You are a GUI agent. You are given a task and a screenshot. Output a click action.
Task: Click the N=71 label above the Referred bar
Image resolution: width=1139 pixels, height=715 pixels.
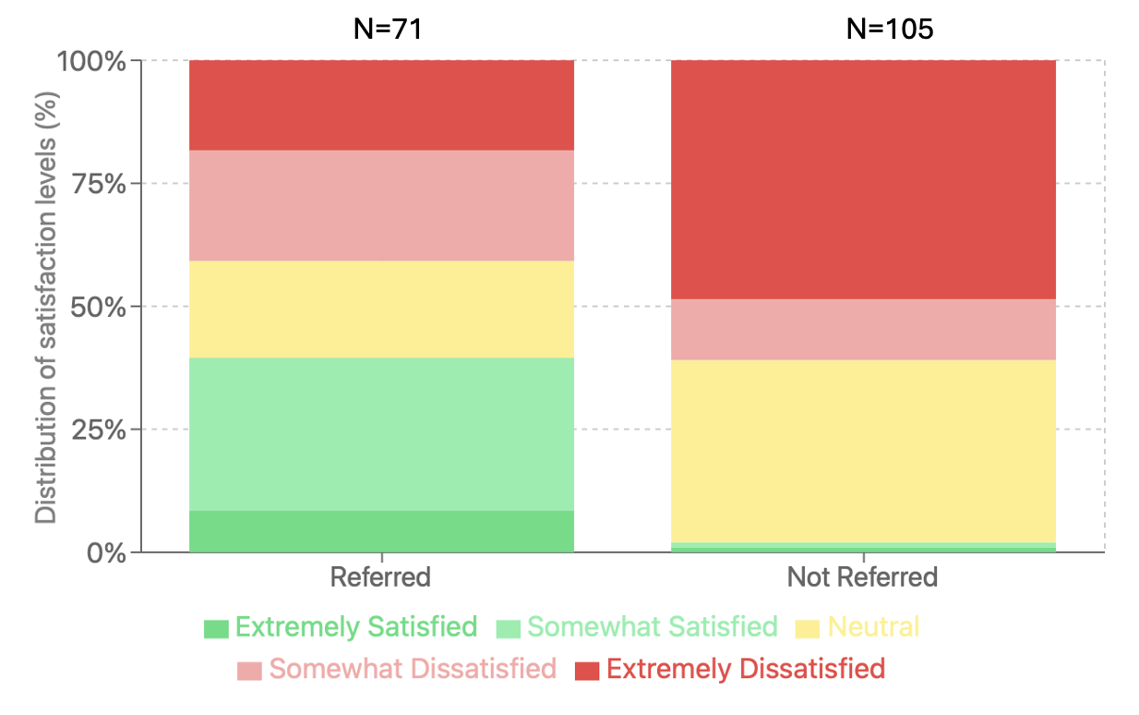pos(388,29)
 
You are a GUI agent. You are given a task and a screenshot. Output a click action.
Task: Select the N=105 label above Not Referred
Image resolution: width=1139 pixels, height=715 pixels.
pos(890,29)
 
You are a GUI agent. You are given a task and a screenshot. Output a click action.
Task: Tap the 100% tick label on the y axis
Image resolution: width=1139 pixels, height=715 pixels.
pos(91,62)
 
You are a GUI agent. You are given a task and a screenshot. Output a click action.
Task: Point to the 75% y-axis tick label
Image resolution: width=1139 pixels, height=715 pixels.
pos(97,184)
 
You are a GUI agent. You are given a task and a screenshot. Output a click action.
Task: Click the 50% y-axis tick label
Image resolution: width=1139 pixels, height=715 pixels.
pos(97,307)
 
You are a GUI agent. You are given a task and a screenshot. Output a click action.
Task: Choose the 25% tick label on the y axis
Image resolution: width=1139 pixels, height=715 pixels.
pos(97,430)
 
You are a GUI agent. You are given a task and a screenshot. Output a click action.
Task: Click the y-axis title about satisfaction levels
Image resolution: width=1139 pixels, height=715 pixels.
pos(46,307)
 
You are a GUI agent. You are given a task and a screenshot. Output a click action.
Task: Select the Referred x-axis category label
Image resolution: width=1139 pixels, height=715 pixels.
pos(380,578)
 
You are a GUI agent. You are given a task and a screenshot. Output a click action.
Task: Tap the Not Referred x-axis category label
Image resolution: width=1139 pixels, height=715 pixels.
pos(862,578)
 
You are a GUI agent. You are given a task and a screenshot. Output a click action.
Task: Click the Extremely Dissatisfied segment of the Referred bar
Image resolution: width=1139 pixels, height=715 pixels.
pos(381,105)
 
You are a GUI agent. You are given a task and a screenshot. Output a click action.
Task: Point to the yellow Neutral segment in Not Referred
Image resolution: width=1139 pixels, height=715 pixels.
pos(863,451)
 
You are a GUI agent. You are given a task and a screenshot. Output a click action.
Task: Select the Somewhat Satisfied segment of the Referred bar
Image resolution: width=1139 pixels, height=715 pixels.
pos(381,434)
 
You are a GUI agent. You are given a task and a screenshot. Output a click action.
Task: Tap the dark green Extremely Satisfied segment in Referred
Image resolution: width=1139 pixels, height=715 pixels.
pos(381,531)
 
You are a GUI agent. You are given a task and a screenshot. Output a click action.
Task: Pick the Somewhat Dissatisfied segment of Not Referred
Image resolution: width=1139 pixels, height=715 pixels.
pos(863,329)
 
